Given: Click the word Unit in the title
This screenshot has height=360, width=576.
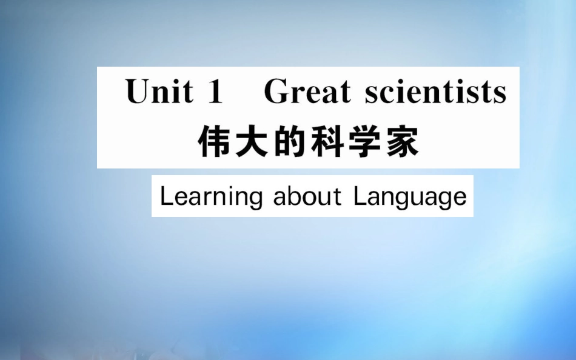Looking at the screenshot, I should tap(159, 92).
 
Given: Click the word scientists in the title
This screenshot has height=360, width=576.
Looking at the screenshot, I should tap(435, 93).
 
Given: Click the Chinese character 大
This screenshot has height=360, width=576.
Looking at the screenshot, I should tap(252, 143).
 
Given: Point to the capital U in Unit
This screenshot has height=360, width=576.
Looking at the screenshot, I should tap(138, 92).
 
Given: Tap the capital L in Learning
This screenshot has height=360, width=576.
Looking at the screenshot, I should tap(166, 196).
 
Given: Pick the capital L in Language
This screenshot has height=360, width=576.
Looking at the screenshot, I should tap(360, 196).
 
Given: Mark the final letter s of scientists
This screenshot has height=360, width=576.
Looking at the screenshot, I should tap(500, 95).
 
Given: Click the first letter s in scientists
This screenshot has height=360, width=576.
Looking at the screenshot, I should tap(372, 95).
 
